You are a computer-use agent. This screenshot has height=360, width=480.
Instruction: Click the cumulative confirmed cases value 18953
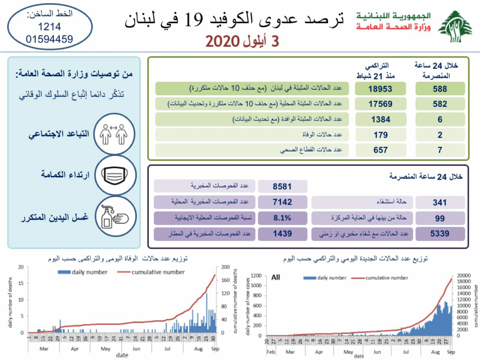pyautogui.click(x=380, y=88)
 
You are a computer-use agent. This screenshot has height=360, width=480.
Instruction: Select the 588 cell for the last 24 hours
pyautogui.click(x=440, y=88)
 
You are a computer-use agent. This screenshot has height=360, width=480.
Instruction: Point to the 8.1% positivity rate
pyautogui.click(x=282, y=218)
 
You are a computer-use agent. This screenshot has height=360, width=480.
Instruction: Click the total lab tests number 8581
pyautogui.click(x=282, y=186)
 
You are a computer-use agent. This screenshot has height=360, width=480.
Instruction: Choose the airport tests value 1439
pyautogui.click(x=282, y=234)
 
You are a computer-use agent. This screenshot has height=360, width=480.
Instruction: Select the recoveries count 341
pyautogui.click(x=440, y=202)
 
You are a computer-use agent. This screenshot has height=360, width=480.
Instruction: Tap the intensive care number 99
pyautogui.click(x=440, y=218)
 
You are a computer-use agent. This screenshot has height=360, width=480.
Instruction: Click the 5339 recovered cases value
pyautogui.click(x=440, y=234)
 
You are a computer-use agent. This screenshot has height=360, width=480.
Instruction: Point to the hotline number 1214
pyautogui.click(x=50, y=27)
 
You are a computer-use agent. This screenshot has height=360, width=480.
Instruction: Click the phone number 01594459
pyautogui.click(x=50, y=39)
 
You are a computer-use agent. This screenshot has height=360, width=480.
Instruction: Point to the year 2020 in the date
pyautogui.click(x=222, y=41)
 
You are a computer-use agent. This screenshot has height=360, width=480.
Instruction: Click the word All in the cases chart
pyautogui.click(x=276, y=277)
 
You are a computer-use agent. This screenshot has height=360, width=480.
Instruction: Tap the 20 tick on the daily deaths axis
pyautogui.click(x=21, y=267)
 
